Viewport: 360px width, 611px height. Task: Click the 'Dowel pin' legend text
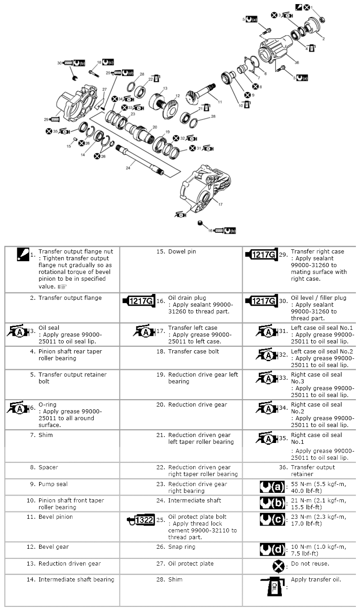point(182,252)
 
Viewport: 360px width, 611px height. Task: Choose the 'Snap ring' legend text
point(182,547)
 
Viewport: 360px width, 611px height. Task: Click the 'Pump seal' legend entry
point(53,484)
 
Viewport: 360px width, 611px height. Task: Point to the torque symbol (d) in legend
point(272,549)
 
